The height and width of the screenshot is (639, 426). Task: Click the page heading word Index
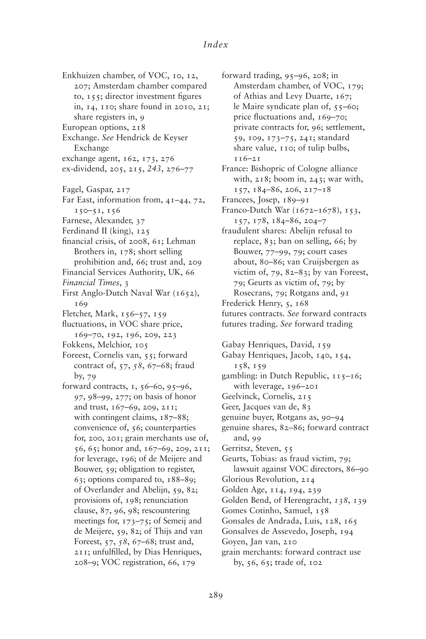point(215,45)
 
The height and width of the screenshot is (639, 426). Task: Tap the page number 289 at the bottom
point(215,595)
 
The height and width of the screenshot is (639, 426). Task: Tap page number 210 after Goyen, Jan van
point(290,542)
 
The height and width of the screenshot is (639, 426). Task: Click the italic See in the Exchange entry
point(107,138)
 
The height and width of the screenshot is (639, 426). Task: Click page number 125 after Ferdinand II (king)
point(143,231)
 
